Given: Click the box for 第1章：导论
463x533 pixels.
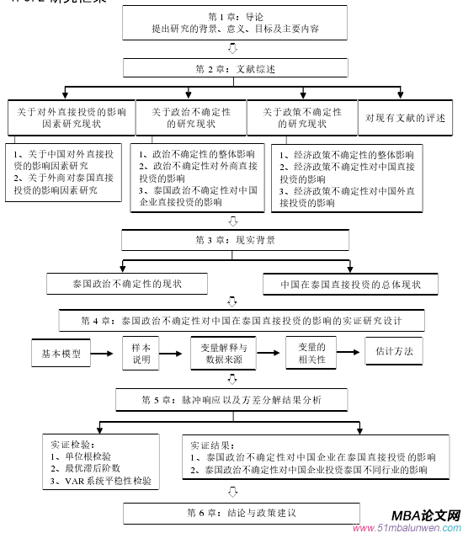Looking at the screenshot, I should tap(235, 23).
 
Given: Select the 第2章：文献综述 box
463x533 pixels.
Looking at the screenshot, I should tap(235, 68).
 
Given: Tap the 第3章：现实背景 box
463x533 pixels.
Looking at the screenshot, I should tap(235, 240).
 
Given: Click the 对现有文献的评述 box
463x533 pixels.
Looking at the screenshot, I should tap(403, 118).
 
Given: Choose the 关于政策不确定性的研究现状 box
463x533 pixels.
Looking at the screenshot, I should tap(301, 118).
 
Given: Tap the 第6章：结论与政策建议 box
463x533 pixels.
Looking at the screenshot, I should tap(235, 513).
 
